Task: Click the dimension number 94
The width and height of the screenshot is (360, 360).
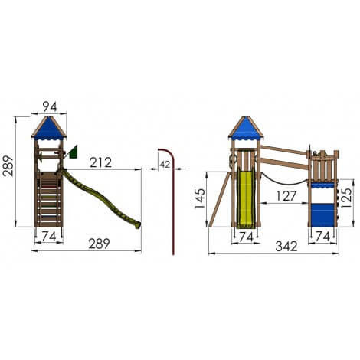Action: (49, 106)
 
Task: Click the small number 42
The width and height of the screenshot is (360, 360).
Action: (165, 162)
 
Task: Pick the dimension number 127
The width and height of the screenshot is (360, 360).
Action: (285, 196)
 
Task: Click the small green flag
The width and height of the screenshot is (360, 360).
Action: (74, 152)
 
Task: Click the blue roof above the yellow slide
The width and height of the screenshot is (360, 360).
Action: (245, 129)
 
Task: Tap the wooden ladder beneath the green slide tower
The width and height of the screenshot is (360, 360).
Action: (48, 203)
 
